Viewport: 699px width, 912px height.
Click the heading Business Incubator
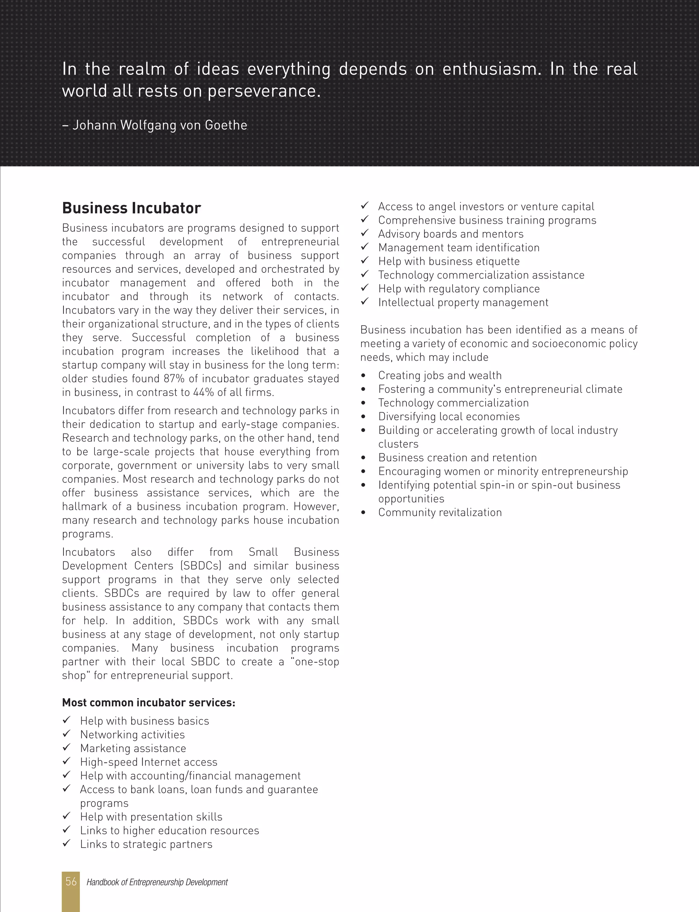tap(131, 208)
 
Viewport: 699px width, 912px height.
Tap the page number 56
tap(71, 882)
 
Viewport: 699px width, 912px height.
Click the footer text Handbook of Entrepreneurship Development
tap(157, 882)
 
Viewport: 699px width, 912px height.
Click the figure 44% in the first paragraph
tap(202, 393)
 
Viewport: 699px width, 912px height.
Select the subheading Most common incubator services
tap(148, 703)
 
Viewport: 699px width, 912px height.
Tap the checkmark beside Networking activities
tap(67, 734)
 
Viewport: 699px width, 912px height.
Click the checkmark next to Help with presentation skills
tap(67, 816)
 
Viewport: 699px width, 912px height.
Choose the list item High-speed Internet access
tap(148, 762)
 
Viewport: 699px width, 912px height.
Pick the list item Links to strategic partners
tap(146, 844)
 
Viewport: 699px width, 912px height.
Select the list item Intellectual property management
tap(463, 303)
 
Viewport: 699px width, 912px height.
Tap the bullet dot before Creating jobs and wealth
tap(363, 376)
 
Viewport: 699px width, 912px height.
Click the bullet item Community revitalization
tap(440, 513)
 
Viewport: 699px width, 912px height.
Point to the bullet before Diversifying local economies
tap(363, 417)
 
